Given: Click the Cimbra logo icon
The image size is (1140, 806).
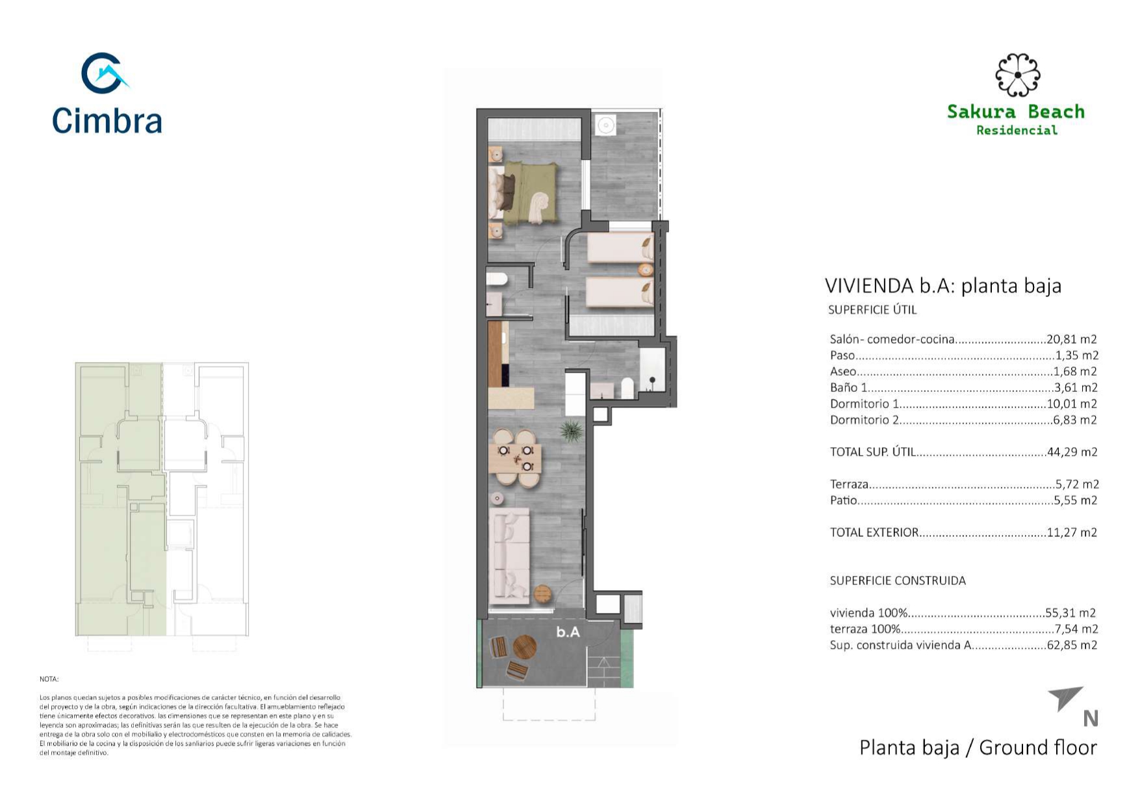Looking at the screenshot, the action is [104, 73].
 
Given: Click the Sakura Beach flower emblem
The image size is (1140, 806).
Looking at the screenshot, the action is [1017, 75].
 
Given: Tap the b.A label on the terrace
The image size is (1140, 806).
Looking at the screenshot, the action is [568, 632].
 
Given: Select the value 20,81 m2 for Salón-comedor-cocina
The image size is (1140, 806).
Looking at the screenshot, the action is [1072, 339].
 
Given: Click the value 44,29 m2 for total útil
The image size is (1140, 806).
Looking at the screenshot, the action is [1072, 452].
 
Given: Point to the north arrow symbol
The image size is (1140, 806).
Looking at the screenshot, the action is [1065, 698].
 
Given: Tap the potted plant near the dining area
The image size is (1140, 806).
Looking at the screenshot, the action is [571, 431].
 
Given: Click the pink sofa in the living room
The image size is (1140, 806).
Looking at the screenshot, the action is [510, 552].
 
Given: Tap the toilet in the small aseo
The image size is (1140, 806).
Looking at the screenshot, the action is [497, 279].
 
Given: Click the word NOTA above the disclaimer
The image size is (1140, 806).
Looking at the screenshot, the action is [49, 679].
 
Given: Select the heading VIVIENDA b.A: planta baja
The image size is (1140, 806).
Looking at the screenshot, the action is [943, 286].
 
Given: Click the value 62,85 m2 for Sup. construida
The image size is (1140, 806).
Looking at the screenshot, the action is [1072, 645].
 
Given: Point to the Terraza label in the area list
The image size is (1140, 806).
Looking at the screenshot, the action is [849, 484].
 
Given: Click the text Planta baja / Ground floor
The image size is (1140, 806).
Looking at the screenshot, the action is [978, 748].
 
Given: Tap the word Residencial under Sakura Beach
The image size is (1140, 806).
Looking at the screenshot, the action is [1017, 131].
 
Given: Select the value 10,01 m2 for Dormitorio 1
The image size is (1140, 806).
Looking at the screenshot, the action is [1072, 404].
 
